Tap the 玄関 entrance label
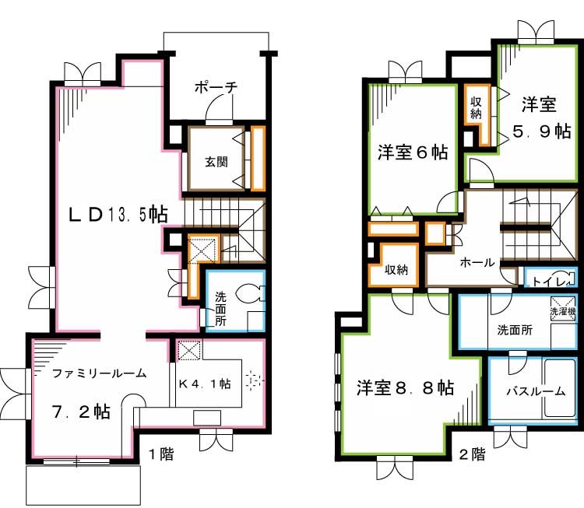tap(216, 163)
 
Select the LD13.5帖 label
tap(118, 214)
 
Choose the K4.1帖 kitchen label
tap(205, 383)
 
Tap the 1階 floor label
tap(160, 454)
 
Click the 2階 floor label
tap(473, 454)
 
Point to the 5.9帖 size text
tap(541, 131)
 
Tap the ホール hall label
tap(477, 263)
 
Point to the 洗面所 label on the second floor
tap(515, 329)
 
